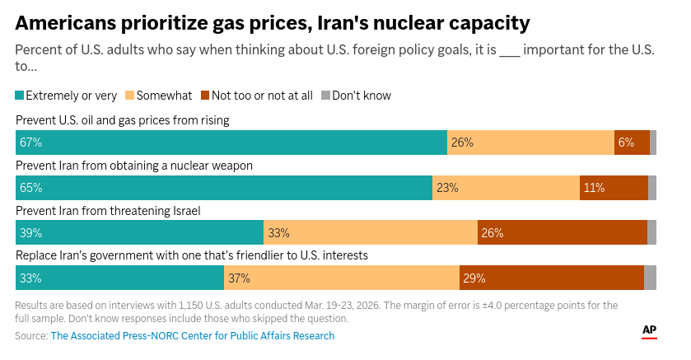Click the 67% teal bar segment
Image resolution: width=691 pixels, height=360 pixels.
coord(231,143)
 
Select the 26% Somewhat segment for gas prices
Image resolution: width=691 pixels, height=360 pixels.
coord(530,143)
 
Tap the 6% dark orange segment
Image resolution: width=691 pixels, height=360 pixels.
coord(632,143)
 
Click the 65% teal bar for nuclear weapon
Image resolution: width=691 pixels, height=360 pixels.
coord(223,188)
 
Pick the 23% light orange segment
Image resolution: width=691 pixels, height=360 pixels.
coord(506,188)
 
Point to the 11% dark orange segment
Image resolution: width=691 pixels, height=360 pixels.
coord(614,188)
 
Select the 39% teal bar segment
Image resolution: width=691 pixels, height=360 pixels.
coord(139,233)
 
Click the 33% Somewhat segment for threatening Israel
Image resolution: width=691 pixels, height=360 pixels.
coord(370,233)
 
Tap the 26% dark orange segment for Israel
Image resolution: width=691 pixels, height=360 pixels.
coord(562,233)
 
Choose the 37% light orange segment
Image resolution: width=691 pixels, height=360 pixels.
coord(341,278)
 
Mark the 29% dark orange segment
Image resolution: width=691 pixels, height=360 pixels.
coord(551,278)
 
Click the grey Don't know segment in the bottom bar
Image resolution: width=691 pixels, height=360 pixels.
coord(650,278)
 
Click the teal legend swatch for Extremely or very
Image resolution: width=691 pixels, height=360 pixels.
coord(20,96)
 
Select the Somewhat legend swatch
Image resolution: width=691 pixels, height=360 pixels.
coord(129,96)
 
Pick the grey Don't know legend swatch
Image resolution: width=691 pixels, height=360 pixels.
coord(325,96)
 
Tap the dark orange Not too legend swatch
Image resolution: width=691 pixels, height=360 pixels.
coord(205,96)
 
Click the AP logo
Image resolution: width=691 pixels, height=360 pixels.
coord(649,331)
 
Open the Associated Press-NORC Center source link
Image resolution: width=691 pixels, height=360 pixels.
coord(193,336)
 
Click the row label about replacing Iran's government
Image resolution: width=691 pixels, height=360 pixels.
coord(191,255)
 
